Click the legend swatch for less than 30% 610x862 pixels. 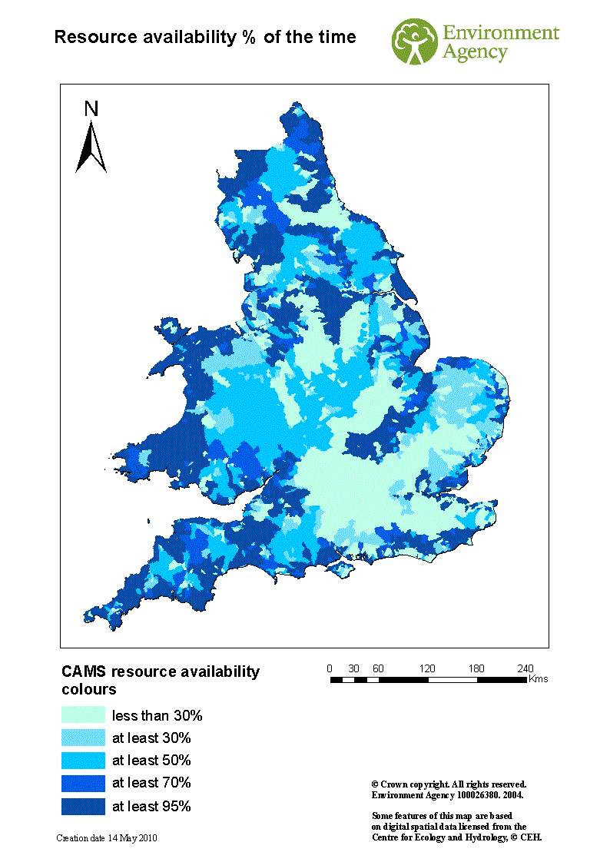[83, 715]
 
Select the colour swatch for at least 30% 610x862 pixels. [83, 738]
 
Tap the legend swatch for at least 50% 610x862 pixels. [83, 761]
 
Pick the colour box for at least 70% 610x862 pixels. [83, 783]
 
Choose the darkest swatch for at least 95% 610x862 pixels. [83, 806]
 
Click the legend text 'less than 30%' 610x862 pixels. [157, 716]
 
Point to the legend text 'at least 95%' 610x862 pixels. [151, 806]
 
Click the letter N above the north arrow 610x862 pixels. [91, 110]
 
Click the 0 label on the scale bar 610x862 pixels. [330, 668]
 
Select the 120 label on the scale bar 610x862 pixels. [427, 668]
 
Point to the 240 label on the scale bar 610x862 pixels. [525, 668]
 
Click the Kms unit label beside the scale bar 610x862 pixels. [539, 679]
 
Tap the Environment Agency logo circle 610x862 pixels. [416, 42]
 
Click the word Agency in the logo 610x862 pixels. [475, 53]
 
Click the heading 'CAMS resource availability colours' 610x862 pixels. [161, 680]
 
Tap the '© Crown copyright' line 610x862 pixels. [449, 784]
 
